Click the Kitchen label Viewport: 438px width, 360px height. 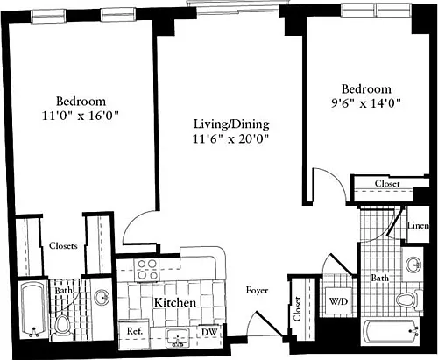(x=175, y=303)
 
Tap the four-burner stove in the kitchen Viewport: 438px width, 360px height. (x=147, y=270)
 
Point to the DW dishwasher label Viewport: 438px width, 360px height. (x=209, y=332)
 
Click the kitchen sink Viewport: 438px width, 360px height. (x=177, y=337)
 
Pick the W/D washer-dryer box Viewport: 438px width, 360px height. (x=338, y=300)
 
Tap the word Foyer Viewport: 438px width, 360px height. (x=257, y=291)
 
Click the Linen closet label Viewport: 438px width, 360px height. (x=418, y=225)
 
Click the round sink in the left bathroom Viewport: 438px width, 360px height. (x=102, y=298)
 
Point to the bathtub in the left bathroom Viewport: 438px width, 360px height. (x=33, y=309)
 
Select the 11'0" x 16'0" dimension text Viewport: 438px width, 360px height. (x=81, y=116)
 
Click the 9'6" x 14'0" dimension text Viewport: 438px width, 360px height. (x=365, y=103)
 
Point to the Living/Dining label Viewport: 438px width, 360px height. (x=231, y=124)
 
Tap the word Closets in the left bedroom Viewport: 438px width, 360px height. (x=63, y=246)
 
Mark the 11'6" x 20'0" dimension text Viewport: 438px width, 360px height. (x=230, y=138)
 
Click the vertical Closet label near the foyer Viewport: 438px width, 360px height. (x=297, y=308)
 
